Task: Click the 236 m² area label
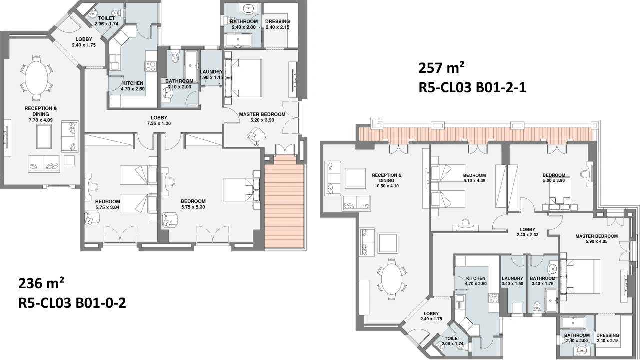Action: click(x=41, y=283)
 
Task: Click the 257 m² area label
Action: click(x=441, y=68)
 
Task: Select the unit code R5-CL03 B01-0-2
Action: click(x=72, y=303)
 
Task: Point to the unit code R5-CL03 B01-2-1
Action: click(x=472, y=87)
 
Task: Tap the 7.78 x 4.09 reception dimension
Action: click(x=41, y=120)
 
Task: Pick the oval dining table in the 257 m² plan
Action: click(x=391, y=279)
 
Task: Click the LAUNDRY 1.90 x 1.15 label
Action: click(x=211, y=75)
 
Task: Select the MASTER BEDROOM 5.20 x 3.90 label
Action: click(x=262, y=117)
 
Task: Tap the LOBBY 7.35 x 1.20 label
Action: click(x=159, y=121)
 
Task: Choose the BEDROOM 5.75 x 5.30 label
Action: click(x=193, y=204)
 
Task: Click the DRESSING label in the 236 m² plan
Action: click(x=277, y=21)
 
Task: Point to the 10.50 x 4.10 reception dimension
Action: click(x=387, y=186)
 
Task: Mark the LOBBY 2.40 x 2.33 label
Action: click(x=527, y=232)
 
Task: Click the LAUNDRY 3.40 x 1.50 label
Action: click(x=512, y=281)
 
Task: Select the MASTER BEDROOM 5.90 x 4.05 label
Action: click(x=597, y=239)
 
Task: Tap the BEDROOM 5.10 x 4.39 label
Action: click(x=474, y=178)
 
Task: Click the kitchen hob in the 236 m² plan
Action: click(x=151, y=67)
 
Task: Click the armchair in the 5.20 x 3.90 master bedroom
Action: click(x=256, y=136)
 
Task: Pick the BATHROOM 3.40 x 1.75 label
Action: click(x=542, y=281)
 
